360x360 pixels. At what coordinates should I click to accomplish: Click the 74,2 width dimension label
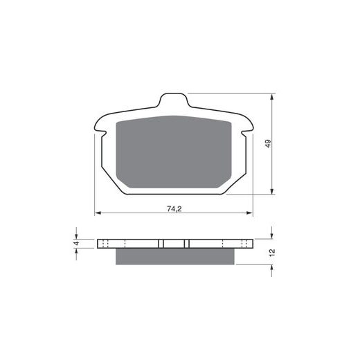[x=174, y=209]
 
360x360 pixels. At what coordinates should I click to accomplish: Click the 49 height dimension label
[x=268, y=143]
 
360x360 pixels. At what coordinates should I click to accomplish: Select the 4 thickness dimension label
[x=77, y=243]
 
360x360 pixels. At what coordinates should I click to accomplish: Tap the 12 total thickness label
[x=272, y=251]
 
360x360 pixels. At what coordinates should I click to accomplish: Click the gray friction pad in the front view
[x=174, y=152]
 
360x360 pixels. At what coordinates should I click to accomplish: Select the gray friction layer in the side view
[x=175, y=256]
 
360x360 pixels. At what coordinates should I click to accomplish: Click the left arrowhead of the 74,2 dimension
[x=98, y=213]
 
